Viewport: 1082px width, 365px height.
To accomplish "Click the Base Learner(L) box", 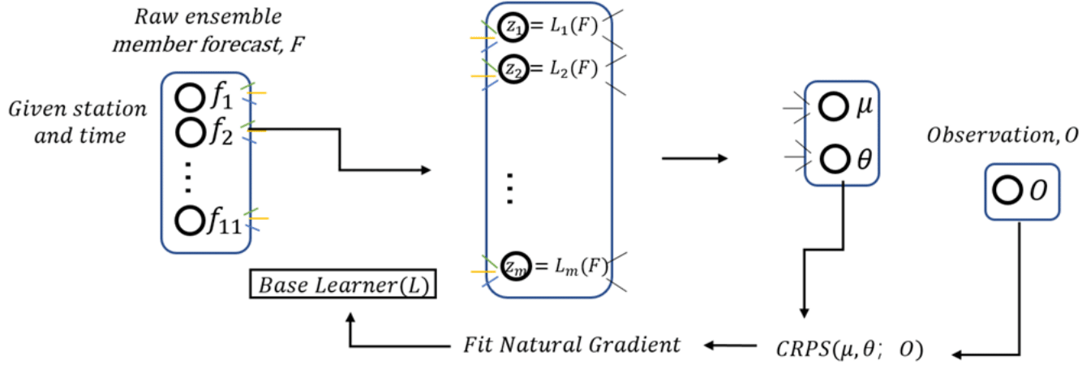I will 344,285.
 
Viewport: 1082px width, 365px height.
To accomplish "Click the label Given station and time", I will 78,122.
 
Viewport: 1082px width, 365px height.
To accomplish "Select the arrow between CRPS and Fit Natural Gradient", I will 730,346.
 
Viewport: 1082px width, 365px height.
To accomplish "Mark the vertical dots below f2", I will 187,177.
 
